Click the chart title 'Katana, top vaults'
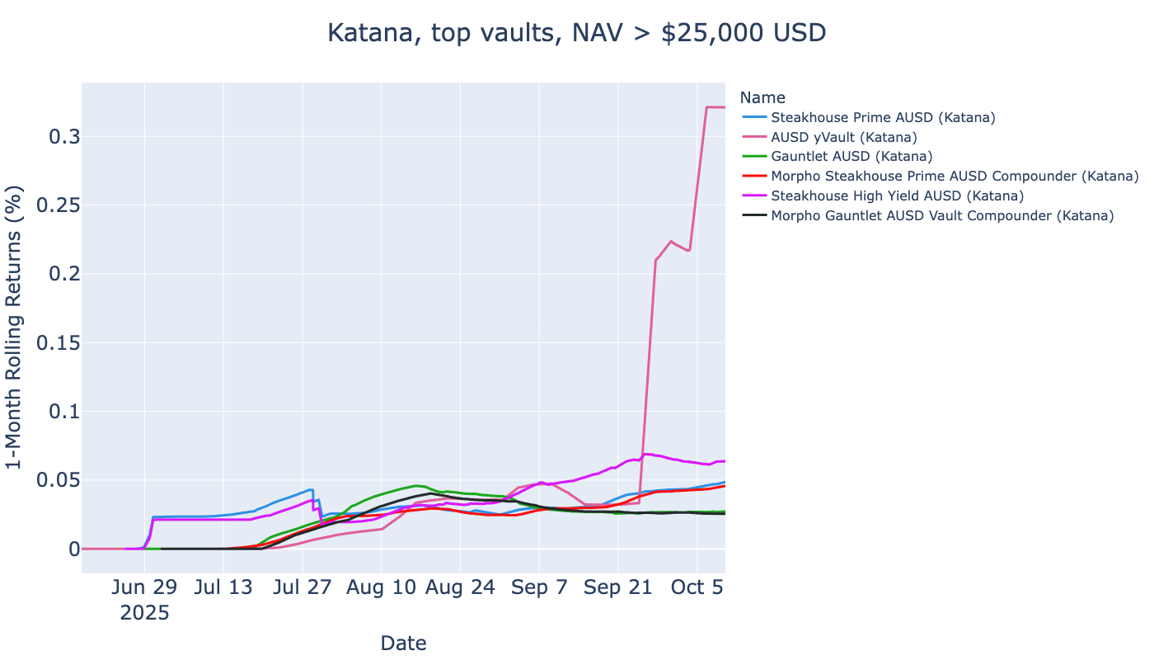pos(576,33)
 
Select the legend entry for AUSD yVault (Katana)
pos(843,137)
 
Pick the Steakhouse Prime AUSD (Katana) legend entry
pos(883,117)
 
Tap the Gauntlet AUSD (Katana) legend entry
pos(851,157)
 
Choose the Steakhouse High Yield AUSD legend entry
pos(897,196)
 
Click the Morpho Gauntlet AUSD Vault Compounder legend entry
pos(942,216)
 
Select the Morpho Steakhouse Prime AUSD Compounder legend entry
pos(955,177)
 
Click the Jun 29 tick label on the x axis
pos(144,587)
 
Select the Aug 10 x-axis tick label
pos(382,587)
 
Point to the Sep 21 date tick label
pos(618,587)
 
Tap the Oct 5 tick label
pos(697,587)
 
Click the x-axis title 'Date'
pos(403,643)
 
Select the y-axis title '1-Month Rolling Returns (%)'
pos(15,328)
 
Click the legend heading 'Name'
pos(762,97)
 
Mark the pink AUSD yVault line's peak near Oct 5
pos(708,107)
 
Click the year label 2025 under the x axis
pos(144,613)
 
